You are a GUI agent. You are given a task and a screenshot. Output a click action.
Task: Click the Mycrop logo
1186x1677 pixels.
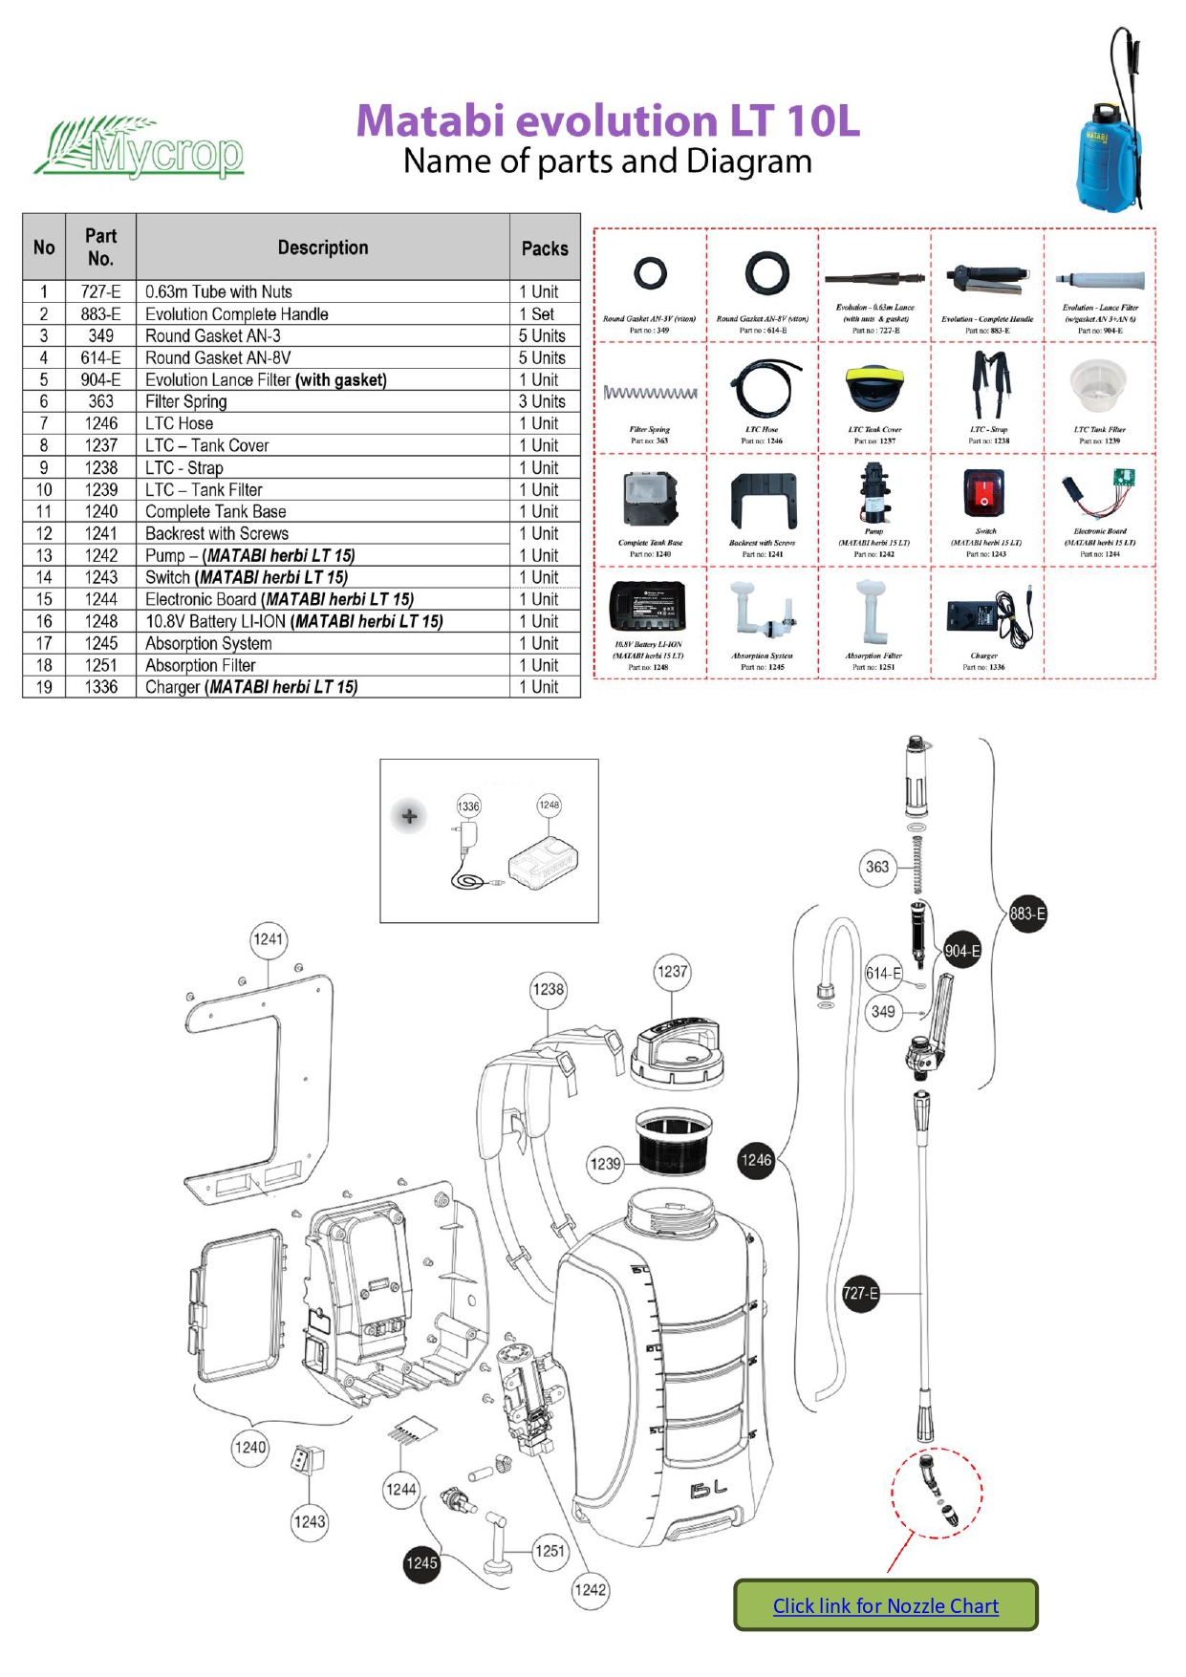pyautogui.click(x=140, y=149)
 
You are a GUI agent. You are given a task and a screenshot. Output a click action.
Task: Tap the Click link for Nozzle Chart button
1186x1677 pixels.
pyautogui.click(x=885, y=1605)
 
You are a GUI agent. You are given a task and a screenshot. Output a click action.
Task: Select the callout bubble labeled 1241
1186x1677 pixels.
pyautogui.click(x=269, y=939)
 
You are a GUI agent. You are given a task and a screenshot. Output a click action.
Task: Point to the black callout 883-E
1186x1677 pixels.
pyautogui.click(x=1027, y=914)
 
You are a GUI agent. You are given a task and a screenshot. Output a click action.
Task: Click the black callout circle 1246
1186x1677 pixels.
pyautogui.click(x=756, y=1160)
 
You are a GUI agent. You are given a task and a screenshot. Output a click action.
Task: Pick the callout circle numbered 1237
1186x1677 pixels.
pyautogui.click(x=672, y=972)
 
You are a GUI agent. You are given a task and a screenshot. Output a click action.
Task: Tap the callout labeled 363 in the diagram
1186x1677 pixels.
pyautogui.click(x=877, y=867)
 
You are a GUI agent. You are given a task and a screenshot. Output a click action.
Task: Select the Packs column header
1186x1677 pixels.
pyautogui.click(x=545, y=247)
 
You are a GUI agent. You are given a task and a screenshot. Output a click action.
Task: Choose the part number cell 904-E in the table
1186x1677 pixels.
pyautogui.click(x=100, y=379)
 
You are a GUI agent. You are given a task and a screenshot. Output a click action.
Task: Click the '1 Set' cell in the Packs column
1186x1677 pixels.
pyautogui.click(x=545, y=313)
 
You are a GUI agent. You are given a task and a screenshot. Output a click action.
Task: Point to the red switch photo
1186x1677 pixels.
pyautogui.click(x=984, y=494)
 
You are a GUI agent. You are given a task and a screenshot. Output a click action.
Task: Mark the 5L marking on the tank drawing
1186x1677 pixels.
pyautogui.click(x=708, y=1489)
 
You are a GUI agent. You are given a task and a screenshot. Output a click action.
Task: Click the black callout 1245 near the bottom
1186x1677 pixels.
pyautogui.click(x=421, y=1563)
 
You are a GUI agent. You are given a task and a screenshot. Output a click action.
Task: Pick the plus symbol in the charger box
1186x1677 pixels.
pyautogui.click(x=409, y=816)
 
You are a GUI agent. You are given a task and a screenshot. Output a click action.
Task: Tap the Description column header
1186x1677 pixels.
pyautogui.click(x=322, y=247)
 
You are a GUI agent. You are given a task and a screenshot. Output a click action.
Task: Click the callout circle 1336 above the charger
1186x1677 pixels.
pyautogui.click(x=468, y=806)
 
